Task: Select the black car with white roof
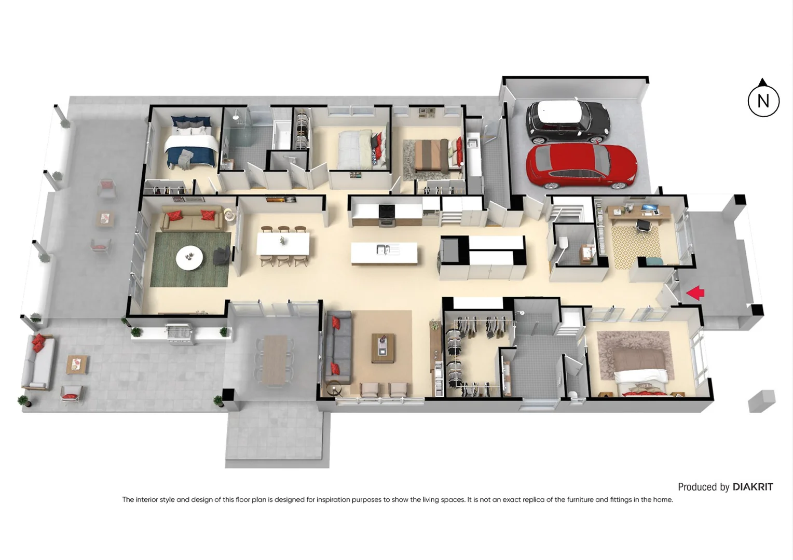point(567,120)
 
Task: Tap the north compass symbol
point(763,100)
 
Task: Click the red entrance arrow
point(695,293)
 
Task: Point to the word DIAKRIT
point(753,487)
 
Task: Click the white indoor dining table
point(283,244)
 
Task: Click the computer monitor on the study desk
point(649,209)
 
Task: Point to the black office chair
point(643,226)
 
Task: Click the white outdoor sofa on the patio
point(37,363)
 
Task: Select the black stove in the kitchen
point(387,214)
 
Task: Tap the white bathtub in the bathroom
point(282,135)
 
